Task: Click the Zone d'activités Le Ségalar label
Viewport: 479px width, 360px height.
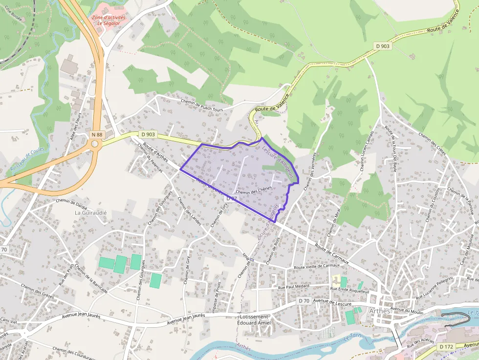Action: pyautogui.click(x=109, y=20)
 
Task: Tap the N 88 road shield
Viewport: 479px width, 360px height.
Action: pyautogui.click(x=97, y=134)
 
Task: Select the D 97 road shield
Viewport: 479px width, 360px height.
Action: pyautogui.click(x=232, y=199)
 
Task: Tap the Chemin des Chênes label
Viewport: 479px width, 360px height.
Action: pyautogui.click(x=253, y=192)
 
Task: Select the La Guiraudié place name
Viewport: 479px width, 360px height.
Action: pyautogui.click(x=90, y=213)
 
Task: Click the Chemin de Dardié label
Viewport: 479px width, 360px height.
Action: pyautogui.click(x=72, y=201)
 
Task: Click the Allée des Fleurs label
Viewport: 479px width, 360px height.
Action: pyautogui.click(x=77, y=127)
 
